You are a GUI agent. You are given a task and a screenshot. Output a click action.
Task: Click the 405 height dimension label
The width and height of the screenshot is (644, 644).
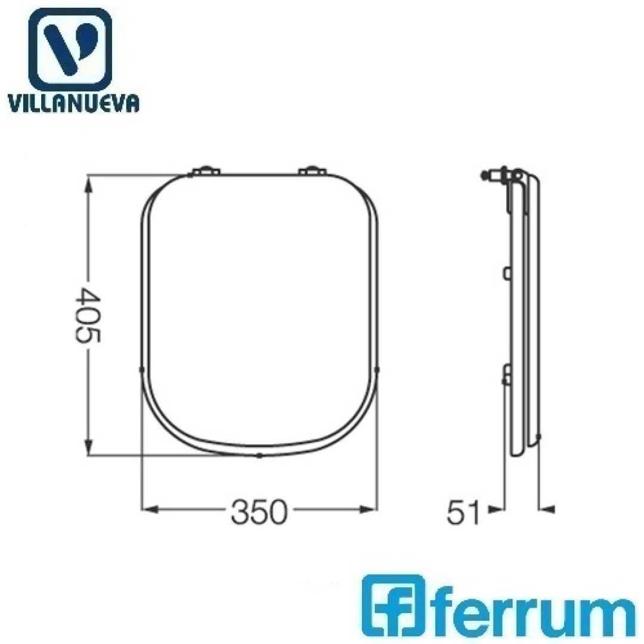click(88, 315)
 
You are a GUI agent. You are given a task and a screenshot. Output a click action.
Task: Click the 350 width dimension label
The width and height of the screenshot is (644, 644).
click(258, 512)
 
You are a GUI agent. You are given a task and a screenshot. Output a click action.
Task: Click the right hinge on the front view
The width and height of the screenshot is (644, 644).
click(312, 171)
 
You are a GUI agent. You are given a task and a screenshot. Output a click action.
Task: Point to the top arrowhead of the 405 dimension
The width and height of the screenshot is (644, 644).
click(88, 184)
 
